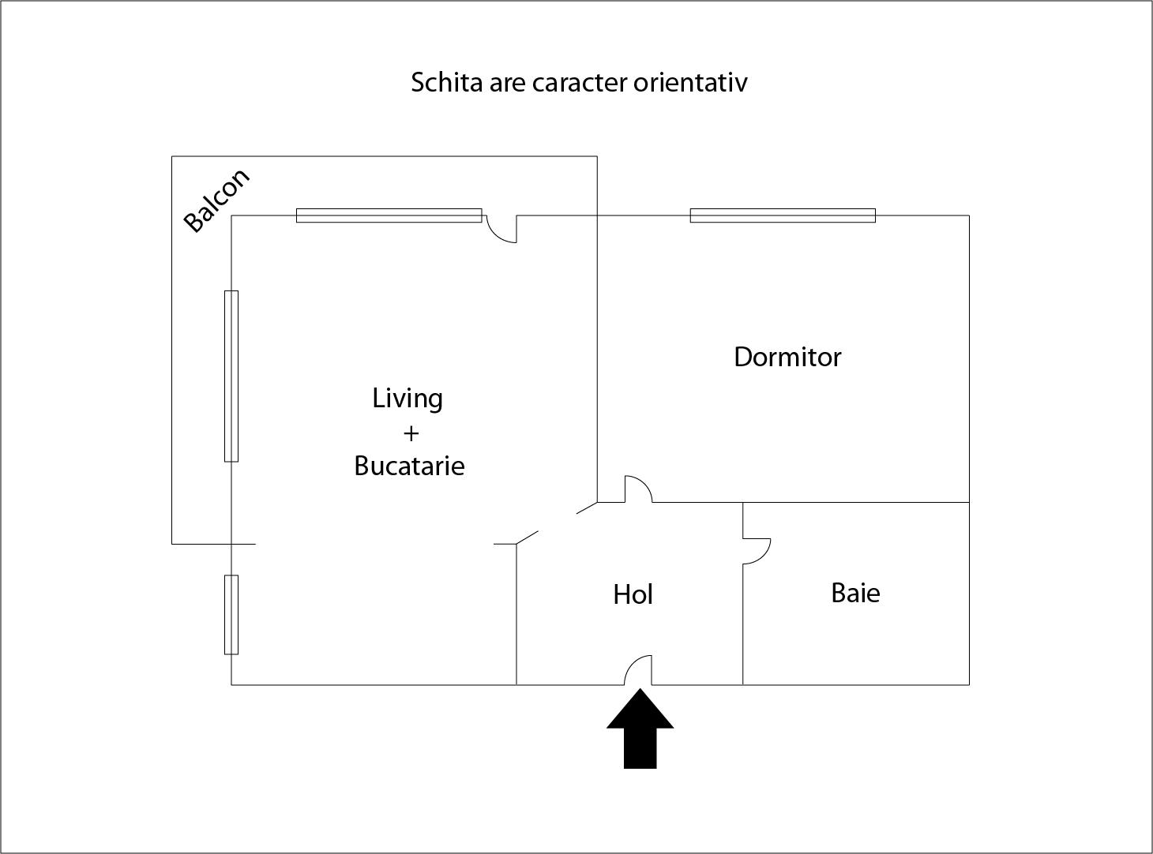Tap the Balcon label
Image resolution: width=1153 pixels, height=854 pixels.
click(216, 200)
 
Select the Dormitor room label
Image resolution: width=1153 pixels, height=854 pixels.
click(787, 357)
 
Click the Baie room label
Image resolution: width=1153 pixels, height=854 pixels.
click(855, 593)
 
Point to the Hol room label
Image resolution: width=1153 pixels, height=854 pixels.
click(633, 594)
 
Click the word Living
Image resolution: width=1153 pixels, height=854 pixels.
click(407, 399)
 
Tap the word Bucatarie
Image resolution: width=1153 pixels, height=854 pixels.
click(409, 466)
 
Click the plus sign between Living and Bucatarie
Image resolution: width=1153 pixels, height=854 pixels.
click(411, 433)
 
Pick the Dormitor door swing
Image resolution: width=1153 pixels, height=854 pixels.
click(638, 489)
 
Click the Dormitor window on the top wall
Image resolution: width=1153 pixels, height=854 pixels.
click(783, 215)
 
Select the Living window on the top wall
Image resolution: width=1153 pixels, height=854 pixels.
click(389, 215)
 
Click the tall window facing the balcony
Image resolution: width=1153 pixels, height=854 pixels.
click(231, 376)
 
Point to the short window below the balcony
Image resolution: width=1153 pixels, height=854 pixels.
click(231, 614)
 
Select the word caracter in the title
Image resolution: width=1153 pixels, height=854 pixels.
click(580, 82)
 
